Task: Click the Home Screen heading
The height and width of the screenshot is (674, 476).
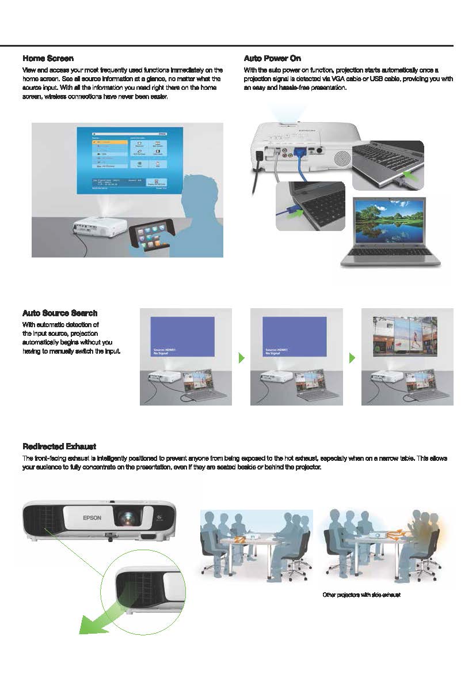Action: (48, 58)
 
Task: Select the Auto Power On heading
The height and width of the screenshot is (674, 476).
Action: (272, 58)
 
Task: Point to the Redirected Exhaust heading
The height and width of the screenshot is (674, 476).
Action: (59, 446)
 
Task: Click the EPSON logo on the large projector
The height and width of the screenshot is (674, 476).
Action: (92, 518)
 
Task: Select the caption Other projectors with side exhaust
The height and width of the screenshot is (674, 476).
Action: (361, 594)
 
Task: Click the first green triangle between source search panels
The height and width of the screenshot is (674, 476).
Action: (242, 358)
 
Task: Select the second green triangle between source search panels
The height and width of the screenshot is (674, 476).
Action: (352, 358)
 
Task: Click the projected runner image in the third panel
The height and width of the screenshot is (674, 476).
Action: (409, 336)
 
